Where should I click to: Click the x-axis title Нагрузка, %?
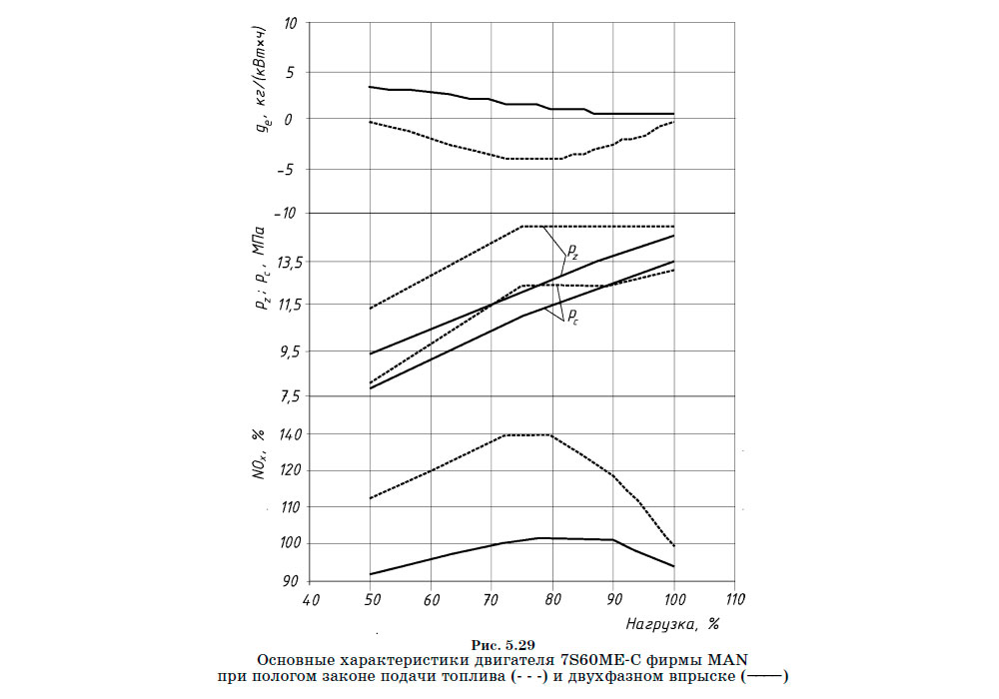673,623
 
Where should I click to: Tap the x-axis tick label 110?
734,601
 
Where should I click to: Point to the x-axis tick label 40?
311,601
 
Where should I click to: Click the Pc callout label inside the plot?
573,317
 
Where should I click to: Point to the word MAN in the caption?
728,660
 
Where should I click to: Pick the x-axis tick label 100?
673,601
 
